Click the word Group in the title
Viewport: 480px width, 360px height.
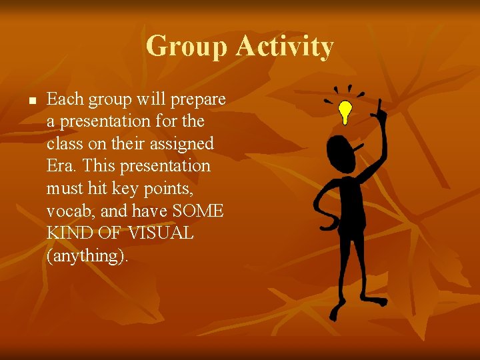coord(186,47)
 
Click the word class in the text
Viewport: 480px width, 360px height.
coord(65,143)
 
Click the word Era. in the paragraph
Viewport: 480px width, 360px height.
coord(62,165)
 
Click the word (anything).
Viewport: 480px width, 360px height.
coord(87,256)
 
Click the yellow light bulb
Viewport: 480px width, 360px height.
coord(345,111)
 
